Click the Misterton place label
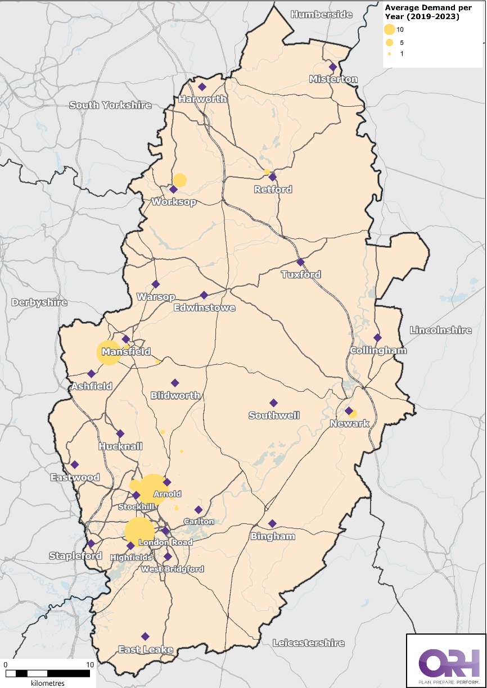[x=333, y=79]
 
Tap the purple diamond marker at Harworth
[x=202, y=87]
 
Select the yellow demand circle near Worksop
[x=179, y=180]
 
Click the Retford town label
[x=273, y=189]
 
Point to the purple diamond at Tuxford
[x=300, y=262]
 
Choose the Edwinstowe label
[x=204, y=307]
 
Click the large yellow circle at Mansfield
[x=108, y=352]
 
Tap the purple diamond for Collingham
[x=377, y=338]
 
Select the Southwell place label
[x=274, y=415]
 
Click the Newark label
[x=349, y=423]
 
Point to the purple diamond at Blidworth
[x=175, y=383]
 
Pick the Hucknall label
[x=120, y=446]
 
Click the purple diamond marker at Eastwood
[x=75, y=464]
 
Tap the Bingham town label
[x=273, y=536]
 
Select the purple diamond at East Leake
[x=145, y=636]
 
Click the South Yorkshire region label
[x=110, y=105]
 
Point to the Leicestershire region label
[x=308, y=642]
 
